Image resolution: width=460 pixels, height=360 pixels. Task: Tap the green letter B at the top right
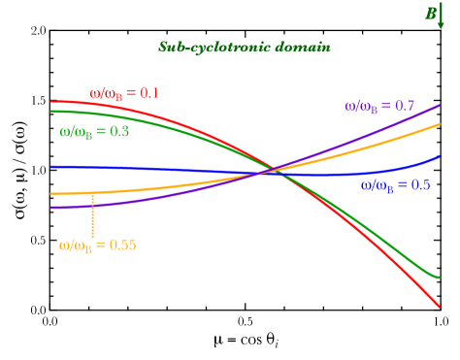430,14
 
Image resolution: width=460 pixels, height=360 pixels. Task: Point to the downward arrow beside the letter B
442,16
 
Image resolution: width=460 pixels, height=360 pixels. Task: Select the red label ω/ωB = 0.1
124,93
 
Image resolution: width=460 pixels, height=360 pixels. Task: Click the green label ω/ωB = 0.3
94,131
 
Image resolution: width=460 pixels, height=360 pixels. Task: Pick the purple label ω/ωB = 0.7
379,106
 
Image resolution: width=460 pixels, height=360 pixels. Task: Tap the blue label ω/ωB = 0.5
395,184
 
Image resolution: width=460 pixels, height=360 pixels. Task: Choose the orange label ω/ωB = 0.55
97,245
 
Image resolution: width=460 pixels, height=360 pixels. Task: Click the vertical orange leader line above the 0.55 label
92,215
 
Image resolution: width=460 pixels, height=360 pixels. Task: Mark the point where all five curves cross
270,173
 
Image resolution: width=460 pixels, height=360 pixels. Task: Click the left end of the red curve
51,101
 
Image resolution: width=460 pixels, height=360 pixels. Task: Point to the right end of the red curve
440,307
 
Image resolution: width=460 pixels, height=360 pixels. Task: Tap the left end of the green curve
51,111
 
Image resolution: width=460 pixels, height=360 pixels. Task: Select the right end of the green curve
440,277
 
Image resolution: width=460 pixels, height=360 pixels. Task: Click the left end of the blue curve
51,166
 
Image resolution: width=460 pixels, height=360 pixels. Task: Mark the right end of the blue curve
440,155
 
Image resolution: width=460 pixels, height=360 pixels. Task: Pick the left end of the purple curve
51,208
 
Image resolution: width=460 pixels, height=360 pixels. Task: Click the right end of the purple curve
440,105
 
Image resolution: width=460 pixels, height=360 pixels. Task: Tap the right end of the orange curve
440,124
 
